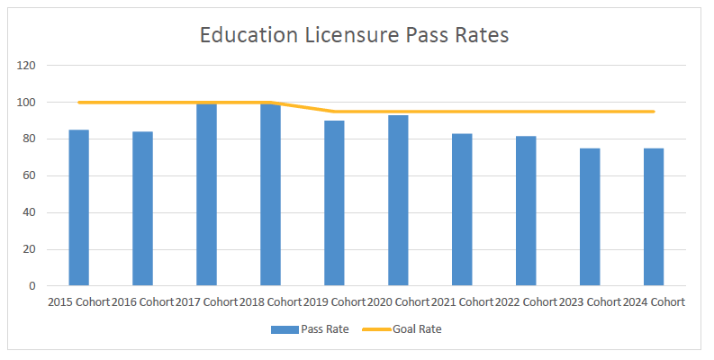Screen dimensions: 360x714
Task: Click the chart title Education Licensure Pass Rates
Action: point(354,36)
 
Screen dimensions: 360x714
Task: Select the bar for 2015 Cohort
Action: point(79,208)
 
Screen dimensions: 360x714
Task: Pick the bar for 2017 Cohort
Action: point(206,194)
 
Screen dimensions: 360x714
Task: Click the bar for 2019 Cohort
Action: point(334,203)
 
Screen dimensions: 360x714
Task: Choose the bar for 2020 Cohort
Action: point(398,201)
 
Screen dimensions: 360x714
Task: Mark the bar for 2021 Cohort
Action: point(462,210)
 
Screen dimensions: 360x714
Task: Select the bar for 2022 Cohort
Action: point(526,211)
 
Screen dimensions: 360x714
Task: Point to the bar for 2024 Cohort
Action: point(654,217)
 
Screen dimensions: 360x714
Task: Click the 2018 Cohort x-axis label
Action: point(270,302)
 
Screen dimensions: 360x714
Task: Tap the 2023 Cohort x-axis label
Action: point(590,302)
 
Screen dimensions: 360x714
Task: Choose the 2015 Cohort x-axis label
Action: point(79,302)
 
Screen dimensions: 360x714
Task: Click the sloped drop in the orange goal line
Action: point(302,107)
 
